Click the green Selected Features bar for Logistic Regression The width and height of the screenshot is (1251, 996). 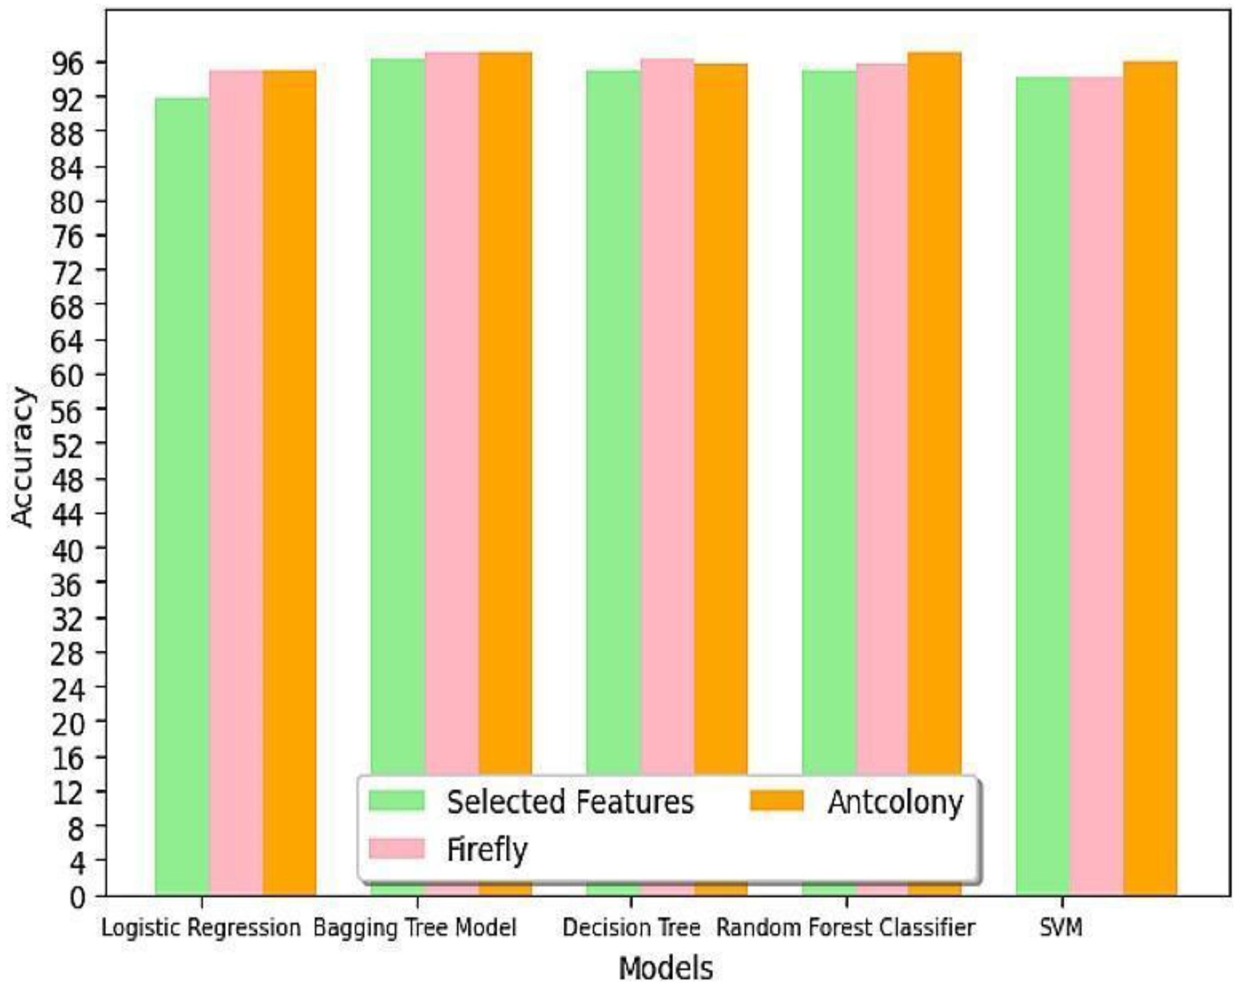tap(182, 493)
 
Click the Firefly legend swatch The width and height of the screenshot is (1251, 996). tap(397, 848)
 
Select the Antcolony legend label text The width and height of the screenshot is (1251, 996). tap(895, 802)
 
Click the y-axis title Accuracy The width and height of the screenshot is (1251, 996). tap(23, 457)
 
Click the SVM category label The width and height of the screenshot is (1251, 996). tap(1061, 928)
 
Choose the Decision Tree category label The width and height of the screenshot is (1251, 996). tap(631, 928)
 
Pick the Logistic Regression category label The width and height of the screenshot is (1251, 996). tap(201, 928)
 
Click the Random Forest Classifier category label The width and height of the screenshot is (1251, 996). tap(846, 928)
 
